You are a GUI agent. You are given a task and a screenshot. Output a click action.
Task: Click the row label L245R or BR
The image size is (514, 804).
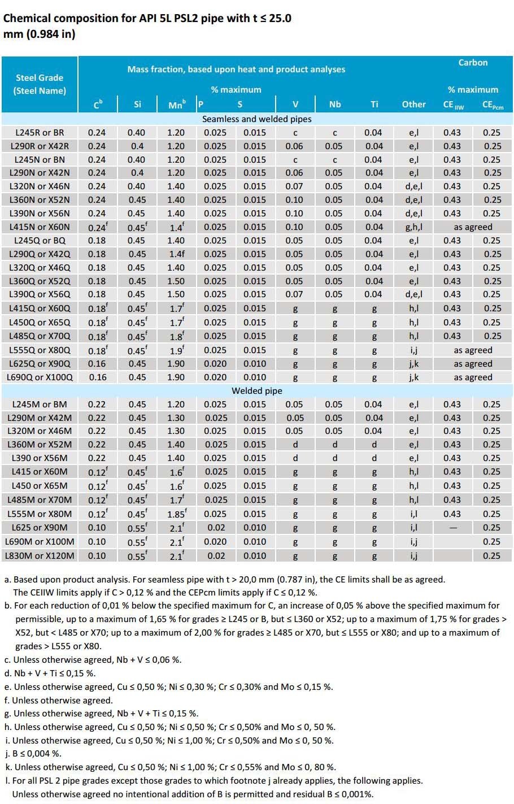tap(40, 133)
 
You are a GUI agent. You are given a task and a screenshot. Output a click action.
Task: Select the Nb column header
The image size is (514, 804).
tap(335, 104)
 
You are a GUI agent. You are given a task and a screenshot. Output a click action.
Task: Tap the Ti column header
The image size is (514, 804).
tap(374, 104)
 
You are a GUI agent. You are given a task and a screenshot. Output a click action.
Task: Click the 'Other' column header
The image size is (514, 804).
tap(413, 104)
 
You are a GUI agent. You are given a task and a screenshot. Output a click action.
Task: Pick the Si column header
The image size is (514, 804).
tap(137, 104)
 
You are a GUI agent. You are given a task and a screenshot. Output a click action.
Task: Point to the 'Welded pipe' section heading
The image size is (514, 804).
tap(257, 391)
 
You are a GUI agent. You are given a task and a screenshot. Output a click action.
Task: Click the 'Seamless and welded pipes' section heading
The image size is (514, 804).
tap(257, 119)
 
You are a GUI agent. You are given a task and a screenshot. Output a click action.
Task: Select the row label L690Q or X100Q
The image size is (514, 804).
tap(40, 377)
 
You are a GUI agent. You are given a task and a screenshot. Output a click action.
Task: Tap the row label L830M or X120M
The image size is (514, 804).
tap(40, 556)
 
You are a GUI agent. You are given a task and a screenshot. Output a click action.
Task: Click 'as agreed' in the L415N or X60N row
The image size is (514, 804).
tap(473, 227)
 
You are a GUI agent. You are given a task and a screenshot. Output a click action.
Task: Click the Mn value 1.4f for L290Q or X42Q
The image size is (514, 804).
tap(176, 254)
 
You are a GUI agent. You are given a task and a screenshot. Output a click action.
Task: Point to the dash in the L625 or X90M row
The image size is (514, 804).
tap(452, 528)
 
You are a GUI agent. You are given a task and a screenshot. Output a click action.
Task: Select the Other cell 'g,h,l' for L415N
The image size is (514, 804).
tap(413, 227)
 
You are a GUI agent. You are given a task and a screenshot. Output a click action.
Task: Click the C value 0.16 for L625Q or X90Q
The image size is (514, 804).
tap(97, 364)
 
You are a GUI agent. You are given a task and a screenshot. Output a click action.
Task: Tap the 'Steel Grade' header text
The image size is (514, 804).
tap(40, 78)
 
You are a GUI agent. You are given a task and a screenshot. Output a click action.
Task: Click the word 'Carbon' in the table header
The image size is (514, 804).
tap(473, 63)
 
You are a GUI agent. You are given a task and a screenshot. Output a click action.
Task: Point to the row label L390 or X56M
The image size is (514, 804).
tap(40, 458)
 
